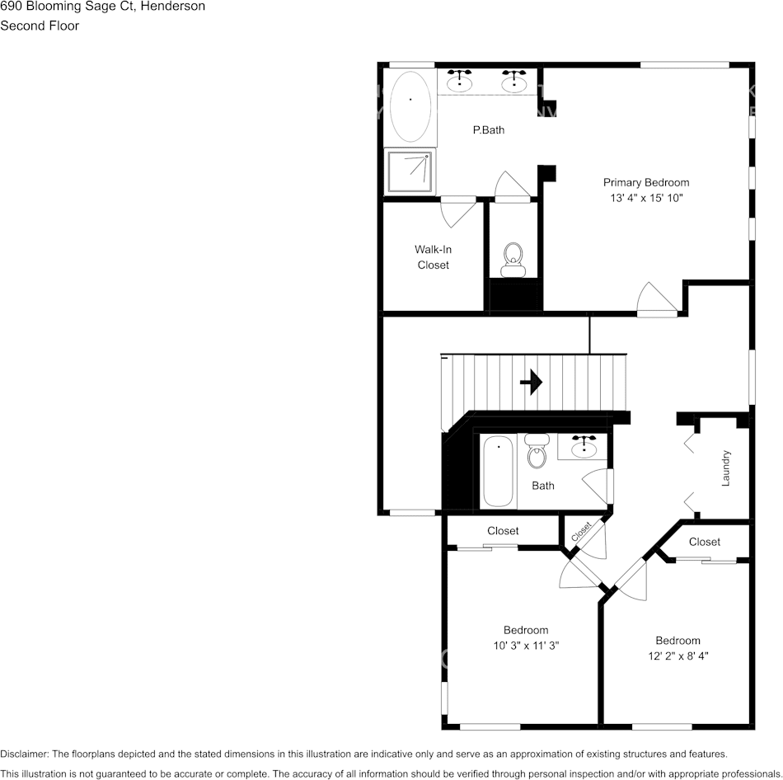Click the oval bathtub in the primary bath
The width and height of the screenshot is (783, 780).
(410, 107)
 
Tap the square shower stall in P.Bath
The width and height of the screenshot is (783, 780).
(410, 171)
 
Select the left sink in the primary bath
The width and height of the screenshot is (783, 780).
(459, 82)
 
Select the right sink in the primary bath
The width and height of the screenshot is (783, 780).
(514, 82)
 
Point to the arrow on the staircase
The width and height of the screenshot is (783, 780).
(532, 382)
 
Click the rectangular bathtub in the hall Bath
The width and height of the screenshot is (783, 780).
(498, 472)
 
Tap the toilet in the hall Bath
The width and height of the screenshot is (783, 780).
(537, 451)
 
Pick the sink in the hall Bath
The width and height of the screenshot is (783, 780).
(584, 447)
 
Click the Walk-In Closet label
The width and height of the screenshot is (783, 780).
(433, 257)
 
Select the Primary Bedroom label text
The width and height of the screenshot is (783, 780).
(646, 183)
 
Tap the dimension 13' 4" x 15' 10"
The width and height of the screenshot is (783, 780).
(646, 199)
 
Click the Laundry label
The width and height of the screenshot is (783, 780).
(726, 468)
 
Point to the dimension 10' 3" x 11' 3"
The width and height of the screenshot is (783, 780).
(527, 646)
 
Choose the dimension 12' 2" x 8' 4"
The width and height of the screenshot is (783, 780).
(678, 656)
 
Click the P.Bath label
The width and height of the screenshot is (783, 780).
(488, 129)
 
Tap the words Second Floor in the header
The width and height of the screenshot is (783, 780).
(40, 26)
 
